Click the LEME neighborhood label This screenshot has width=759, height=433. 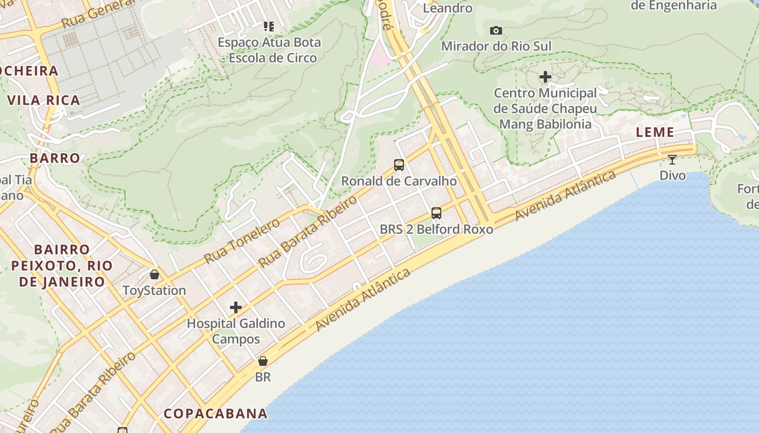coord(655,132)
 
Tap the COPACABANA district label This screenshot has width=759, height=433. coord(216,414)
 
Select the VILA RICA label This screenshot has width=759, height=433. coord(44,100)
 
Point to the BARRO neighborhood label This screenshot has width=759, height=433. coord(55,158)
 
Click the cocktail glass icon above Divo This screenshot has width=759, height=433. coord(672,160)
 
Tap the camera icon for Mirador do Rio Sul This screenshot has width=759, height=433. coord(496,31)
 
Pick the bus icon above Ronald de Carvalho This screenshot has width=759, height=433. coord(399,165)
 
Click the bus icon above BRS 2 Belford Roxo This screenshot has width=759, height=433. coord(436,213)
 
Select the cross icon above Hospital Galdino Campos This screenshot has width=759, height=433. coord(236,307)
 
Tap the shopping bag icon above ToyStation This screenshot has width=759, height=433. coord(155,274)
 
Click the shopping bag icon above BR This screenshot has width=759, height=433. coord(263,361)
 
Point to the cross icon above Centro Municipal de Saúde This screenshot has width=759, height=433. coord(545,77)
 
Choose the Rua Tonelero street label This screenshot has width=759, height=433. coord(242,241)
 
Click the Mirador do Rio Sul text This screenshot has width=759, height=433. coord(496,46)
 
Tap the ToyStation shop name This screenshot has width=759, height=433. coord(155,291)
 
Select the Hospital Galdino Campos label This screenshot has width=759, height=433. coord(236,331)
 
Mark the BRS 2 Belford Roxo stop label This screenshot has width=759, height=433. coord(436,229)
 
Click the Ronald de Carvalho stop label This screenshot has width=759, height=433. coord(399,181)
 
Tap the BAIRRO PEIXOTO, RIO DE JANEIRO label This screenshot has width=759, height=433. coord(62,265)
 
